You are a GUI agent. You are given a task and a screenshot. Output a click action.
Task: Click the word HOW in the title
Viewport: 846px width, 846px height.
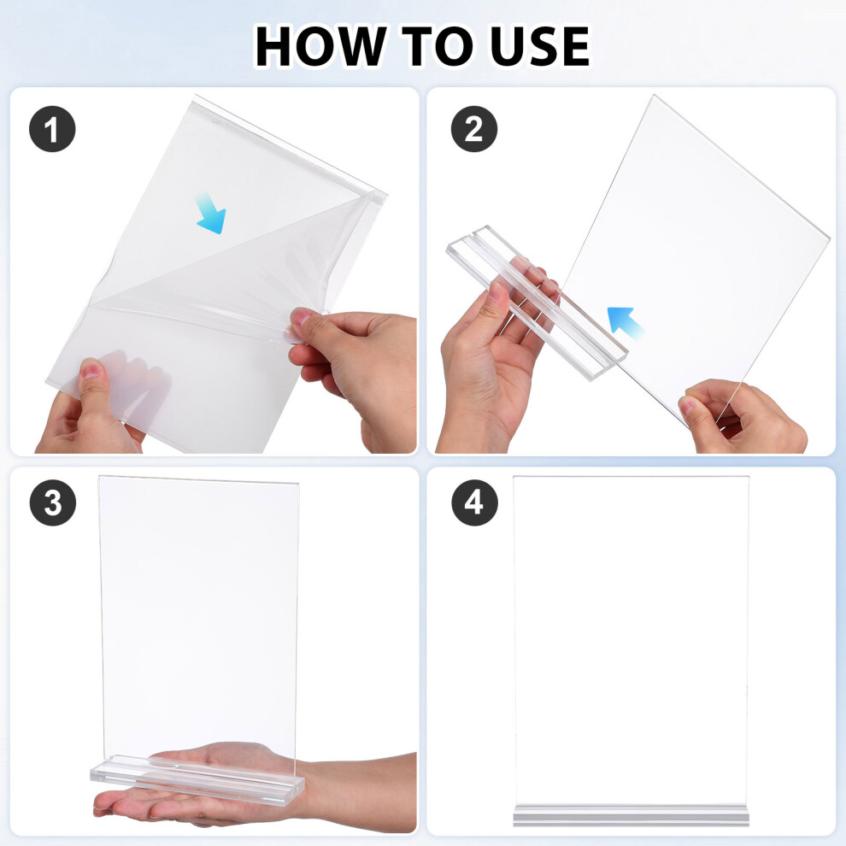(321, 46)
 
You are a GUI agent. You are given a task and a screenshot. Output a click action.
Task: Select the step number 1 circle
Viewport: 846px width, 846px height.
(52, 129)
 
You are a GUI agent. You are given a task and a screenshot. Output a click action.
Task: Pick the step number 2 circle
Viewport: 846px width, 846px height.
(473, 129)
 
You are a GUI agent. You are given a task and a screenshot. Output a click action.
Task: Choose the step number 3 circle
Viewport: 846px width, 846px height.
(52, 502)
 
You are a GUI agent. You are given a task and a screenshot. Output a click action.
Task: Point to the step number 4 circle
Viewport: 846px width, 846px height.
(473, 502)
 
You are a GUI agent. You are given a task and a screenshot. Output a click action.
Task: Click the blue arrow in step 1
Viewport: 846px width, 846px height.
(211, 214)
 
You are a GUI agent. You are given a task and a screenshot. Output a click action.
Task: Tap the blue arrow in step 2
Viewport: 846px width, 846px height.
(626, 323)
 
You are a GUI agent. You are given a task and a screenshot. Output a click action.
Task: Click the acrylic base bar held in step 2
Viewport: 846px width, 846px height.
(537, 303)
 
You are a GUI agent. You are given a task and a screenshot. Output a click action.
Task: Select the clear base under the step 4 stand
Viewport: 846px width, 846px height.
(631, 815)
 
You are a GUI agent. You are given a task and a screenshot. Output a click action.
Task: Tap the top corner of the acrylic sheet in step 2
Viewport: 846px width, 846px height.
(655, 96)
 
